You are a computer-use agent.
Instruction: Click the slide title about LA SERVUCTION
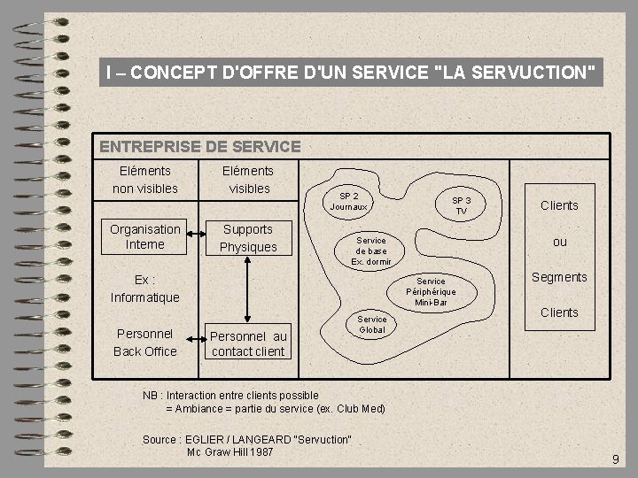pyautogui.click(x=350, y=72)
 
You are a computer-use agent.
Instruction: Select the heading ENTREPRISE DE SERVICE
pyautogui.click(x=200, y=147)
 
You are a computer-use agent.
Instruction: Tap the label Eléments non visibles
pyautogui.click(x=145, y=179)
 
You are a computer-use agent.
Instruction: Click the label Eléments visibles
pyautogui.click(x=249, y=179)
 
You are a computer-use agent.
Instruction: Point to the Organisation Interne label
pyautogui.click(x=145, y=237)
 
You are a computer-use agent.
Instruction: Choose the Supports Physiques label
pyautogui.click(x=248, y=238)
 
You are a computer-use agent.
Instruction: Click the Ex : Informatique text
pyautogui.click(x=145, y=289)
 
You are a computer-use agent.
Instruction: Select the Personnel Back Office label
pyautogui.click(x=145, y=343)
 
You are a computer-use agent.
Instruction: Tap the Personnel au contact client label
pyautogui.click(x=248, y=343)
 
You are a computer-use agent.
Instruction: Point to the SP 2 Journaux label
pyautogui.click(x=349, y=201)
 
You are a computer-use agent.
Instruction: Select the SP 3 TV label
pyautogui.click(x=461, y=205)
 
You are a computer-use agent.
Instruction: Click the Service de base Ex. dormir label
pyautogui.click(x=370, y=251)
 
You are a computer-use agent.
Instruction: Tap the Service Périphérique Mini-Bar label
pyautogui.click(x=431, y=292)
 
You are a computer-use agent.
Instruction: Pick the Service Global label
pyautogui.click(x=372, y=324)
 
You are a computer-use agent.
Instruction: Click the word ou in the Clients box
pyautogui.click(x=559, y=242)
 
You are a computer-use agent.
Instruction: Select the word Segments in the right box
pyautogui.click(x=559, y=277)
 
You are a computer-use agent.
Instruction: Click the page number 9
pyautogui.click(x=615, y=459)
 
